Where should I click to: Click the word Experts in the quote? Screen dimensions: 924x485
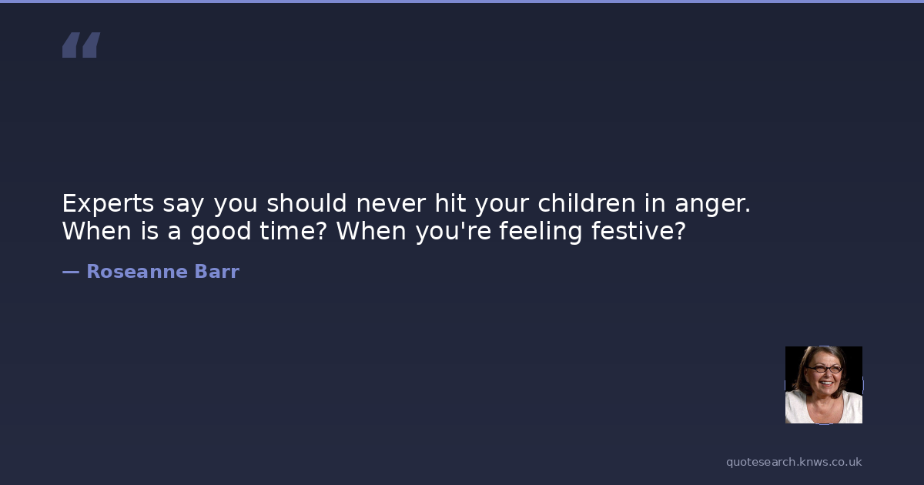click(x=108, y=204)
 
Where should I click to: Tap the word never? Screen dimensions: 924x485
click(x=390, y=203)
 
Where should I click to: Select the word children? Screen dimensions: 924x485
click(x=587, y=203)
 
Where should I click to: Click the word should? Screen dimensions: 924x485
click(x=306, y=203)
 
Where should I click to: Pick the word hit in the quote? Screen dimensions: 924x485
click(x=450, y=203)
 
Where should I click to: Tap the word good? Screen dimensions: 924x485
click(x=221, y=231)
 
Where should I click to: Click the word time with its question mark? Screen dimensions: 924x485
click(x=293, y=230)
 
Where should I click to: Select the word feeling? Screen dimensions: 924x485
click(x=541, y=231)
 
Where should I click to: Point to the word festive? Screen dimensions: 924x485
click(x=638, y=230)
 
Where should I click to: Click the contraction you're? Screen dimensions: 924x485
click(x=454, y=232)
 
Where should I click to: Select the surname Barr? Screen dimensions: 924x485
click(x=217, y=271)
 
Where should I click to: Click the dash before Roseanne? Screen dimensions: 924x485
click(x=71, y=273)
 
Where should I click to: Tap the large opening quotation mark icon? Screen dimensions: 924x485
click(x=82, y=45)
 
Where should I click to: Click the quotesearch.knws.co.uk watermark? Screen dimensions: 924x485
click(x=794, y=462)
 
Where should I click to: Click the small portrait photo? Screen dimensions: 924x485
click(x=824, y=385)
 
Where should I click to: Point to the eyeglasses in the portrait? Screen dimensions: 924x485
click(x=825, y=369)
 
